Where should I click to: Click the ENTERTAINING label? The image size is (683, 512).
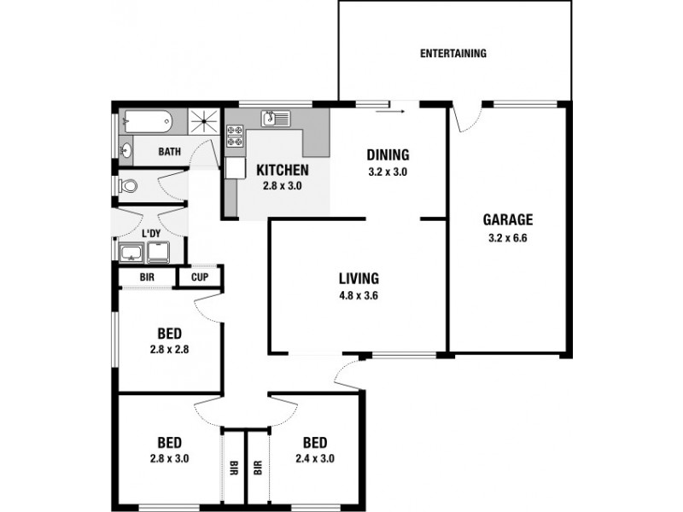tap(453, 54)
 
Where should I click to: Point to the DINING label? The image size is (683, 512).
tap(388, 155)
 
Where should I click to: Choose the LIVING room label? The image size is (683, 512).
tap(359, 278)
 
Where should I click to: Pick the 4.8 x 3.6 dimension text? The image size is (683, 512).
tap(359, 298)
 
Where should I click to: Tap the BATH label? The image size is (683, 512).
tap(170, 153)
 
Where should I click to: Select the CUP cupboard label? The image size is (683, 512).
tap(200, 277)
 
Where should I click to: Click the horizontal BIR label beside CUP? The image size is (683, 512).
tap(146, 277)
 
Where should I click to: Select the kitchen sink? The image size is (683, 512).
tap(276, 118)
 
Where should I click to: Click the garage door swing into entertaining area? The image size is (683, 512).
tap(466, 118)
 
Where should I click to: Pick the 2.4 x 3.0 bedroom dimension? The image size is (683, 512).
tap(315, 459)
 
